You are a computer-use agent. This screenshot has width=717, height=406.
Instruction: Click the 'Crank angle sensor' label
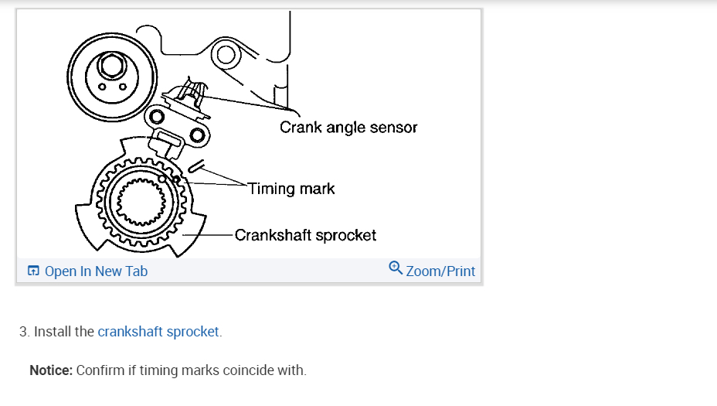(348, 128)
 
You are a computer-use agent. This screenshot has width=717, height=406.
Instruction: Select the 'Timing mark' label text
(291, 189)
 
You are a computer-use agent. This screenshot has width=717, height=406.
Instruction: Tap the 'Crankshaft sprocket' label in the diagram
(305, 234)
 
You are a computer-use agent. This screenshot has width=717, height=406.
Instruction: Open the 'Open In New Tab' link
(96, 271)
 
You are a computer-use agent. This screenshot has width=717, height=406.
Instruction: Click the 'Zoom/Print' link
(440, 271)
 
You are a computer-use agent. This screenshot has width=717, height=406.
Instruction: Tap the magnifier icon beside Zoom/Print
(396, 268)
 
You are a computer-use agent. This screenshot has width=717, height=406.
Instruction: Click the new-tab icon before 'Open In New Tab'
(33, 271)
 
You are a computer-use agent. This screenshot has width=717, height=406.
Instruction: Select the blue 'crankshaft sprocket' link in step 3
(159, 332)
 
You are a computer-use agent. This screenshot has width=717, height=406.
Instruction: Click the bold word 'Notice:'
(51, 370)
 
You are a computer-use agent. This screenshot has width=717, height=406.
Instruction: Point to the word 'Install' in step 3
(53, 332)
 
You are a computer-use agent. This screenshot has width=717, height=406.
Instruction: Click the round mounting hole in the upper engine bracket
(226, 54)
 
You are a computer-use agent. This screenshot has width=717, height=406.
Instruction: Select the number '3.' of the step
(25, 332)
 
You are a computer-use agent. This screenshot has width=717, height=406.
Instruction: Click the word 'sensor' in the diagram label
(393, 128)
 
